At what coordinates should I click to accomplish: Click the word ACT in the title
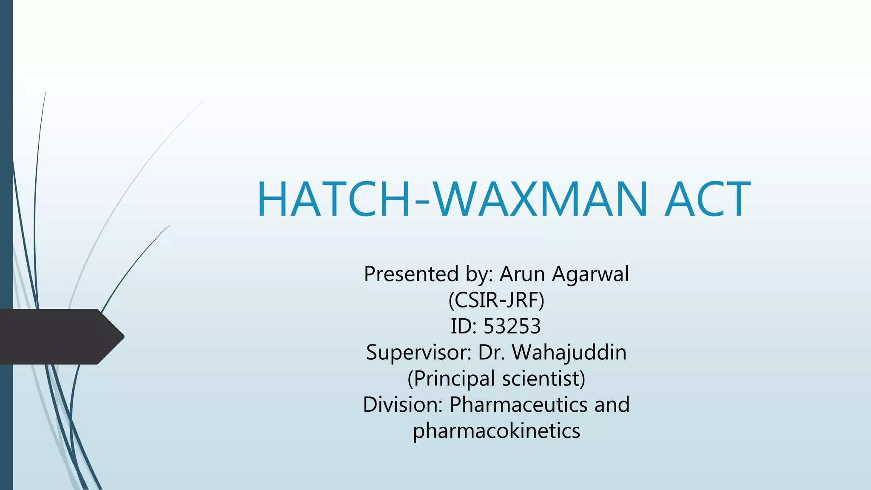pos(707,199)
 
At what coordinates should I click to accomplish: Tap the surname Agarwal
pos(590,274)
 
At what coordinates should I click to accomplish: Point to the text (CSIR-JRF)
pos(496,300)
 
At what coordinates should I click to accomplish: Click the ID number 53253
pos(512,326)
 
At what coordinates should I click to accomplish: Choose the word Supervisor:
pos(418,353)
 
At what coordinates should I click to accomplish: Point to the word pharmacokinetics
pos(496,431)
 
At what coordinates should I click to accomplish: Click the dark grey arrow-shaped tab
pos(55,336)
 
